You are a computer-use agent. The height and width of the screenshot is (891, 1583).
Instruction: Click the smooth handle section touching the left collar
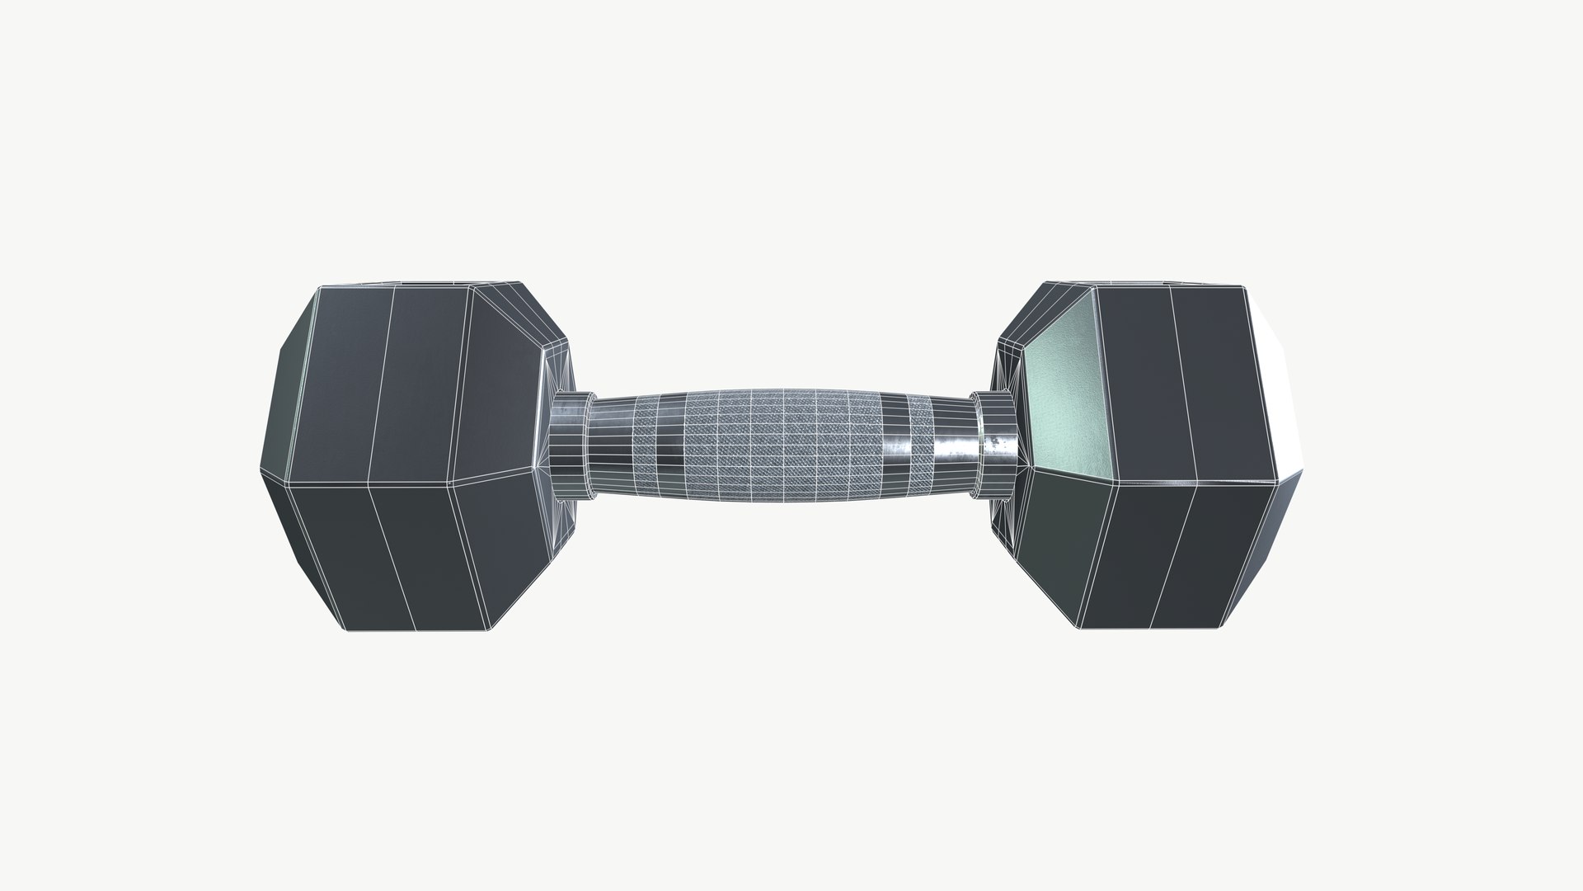[610, 445]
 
